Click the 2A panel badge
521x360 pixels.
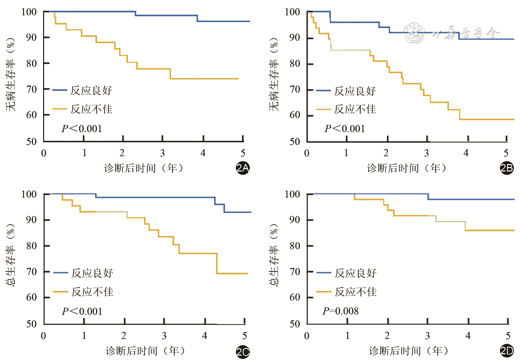(x=243, y=168)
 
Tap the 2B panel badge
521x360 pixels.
(x=507, y=168)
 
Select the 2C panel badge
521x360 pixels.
(x=243, y=352)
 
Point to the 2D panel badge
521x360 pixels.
(x=507, y=351)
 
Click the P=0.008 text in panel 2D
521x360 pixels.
(x=340, y=311)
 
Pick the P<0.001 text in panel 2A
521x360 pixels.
(x=82, y=129)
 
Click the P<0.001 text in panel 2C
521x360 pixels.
(x=82, y=311)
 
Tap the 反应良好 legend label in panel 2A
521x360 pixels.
(x=91, y=90)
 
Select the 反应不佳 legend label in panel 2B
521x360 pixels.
(x=355, y=109)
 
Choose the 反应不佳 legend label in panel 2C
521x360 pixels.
(x=92, y=292)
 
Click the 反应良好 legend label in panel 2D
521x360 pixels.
(x=355, y=273)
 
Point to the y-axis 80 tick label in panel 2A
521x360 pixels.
(x=31, y=64)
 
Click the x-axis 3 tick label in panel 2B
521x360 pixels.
(x=426, y=153)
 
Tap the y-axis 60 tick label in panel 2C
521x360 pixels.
(x=31, y=298)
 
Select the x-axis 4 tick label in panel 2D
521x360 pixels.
(x=468, y=336)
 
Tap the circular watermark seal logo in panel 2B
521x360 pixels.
(x=414, y=33)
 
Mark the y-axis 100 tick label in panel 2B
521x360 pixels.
(x=292, y=12)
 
